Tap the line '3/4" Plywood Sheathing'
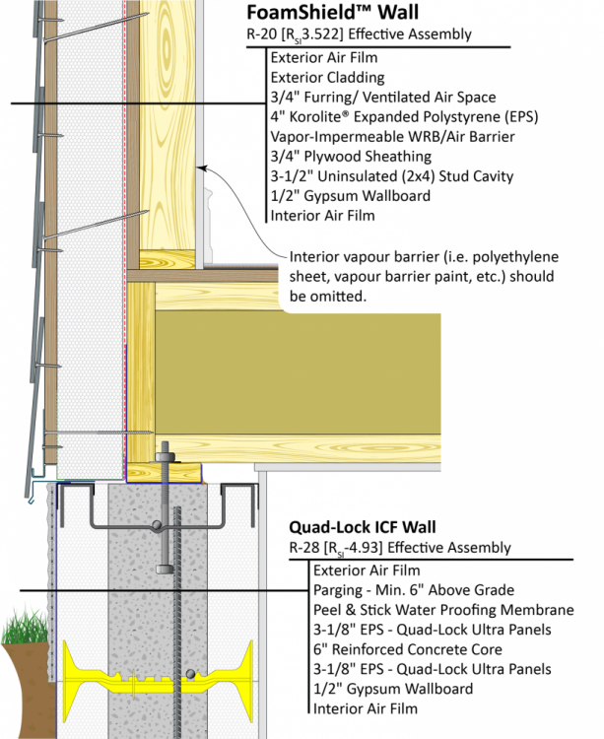click(x=350, y=156)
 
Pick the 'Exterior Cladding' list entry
click(x=313, y=77)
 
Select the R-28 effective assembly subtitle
click(x=399, y=547)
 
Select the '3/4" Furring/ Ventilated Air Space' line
click(x=382, y=97)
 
